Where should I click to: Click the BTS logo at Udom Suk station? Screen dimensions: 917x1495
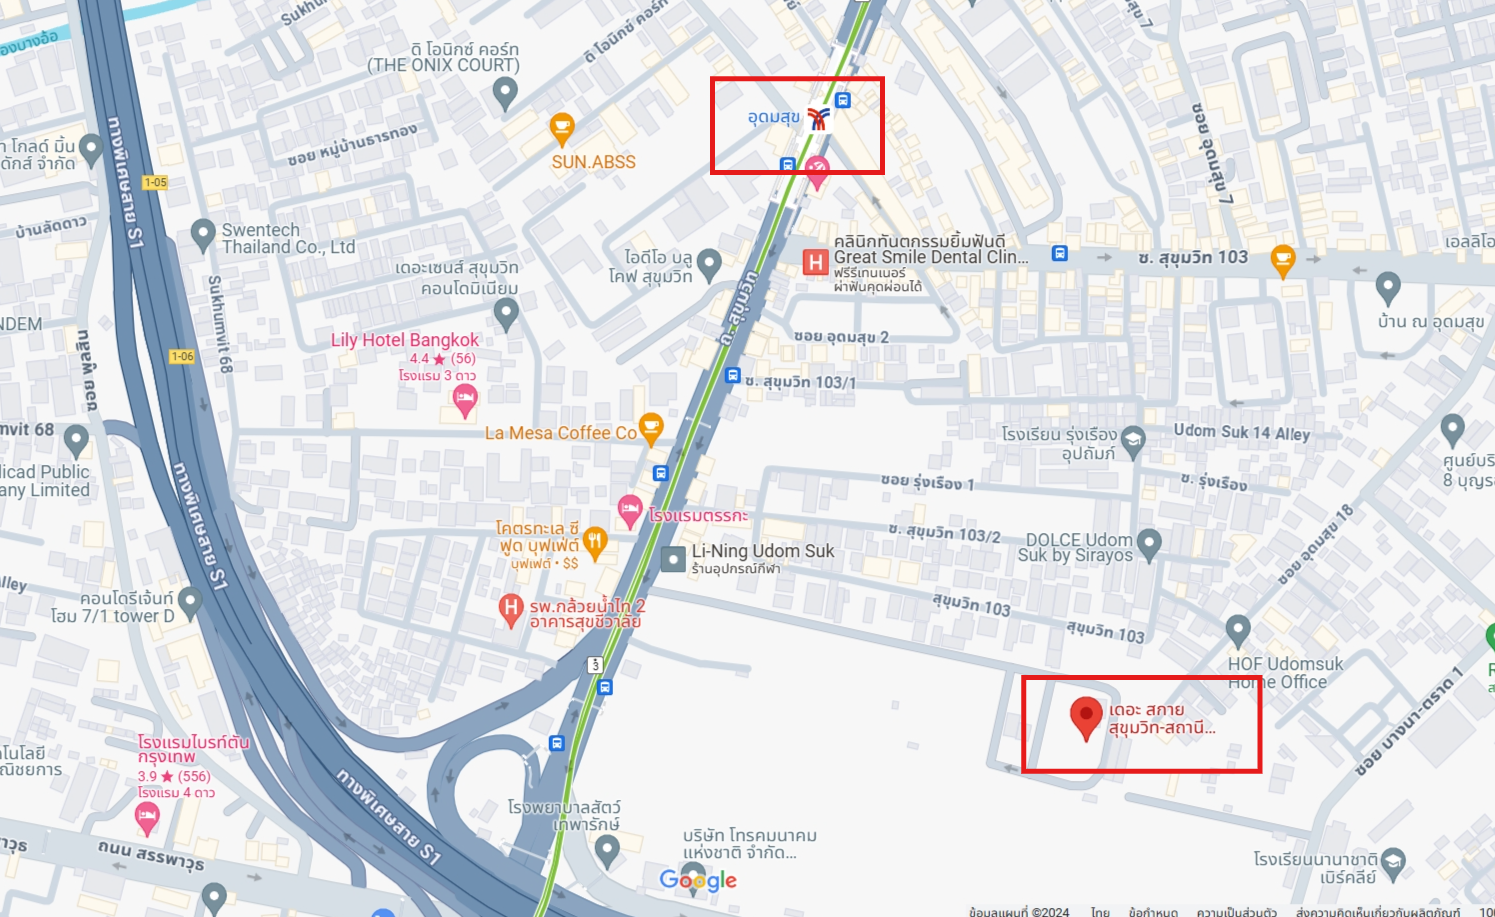(x=819, y=119)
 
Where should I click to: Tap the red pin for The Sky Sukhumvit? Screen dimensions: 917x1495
(x=1085, y=717)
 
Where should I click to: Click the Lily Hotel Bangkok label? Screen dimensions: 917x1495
(x=405, y=340)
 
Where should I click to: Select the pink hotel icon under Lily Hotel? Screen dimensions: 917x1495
(x=465, y=401)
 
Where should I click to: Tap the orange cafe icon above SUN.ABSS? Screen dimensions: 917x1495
(x=562, y=128)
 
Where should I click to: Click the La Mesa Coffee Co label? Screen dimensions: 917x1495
(x=560, y=433)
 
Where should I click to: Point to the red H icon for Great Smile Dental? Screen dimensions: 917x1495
(x=816, y=262)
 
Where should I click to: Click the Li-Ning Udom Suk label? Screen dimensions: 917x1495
(x=762, y=551)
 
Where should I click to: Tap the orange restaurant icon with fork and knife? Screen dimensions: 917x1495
(x=595, y=542)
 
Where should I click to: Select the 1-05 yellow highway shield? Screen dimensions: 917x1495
(x=155, y=182)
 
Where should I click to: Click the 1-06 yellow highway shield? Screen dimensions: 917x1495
(x=182, y=356)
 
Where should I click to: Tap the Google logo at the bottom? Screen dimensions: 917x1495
(x=698, y=880)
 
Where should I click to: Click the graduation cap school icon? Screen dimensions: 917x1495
(x=1133, y=441)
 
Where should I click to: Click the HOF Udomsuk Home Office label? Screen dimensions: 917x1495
(x=1284, y=673)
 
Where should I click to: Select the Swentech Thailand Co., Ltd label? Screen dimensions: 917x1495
(x=288, y=238)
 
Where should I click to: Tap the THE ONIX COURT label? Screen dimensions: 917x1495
(x=443, y=65)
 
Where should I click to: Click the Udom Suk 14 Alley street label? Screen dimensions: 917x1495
(x=1241, y=432)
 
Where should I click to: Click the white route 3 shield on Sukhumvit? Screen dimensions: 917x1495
(x=596, y=664)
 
